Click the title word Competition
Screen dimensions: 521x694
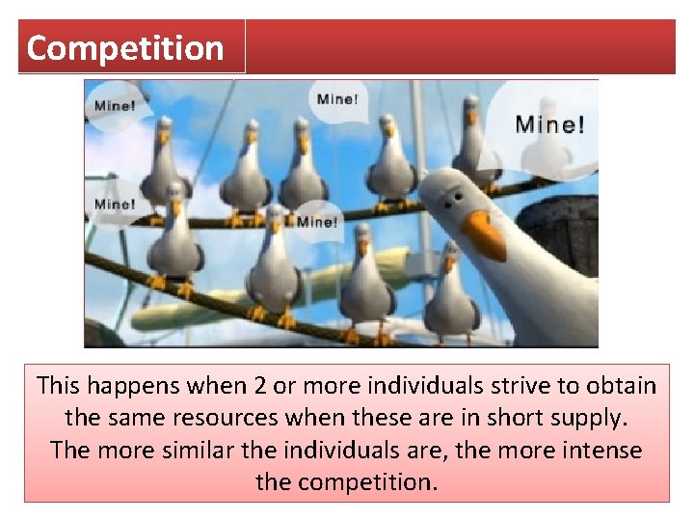(x=125, y=47)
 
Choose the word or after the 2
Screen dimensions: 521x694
(x=285, y=386)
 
